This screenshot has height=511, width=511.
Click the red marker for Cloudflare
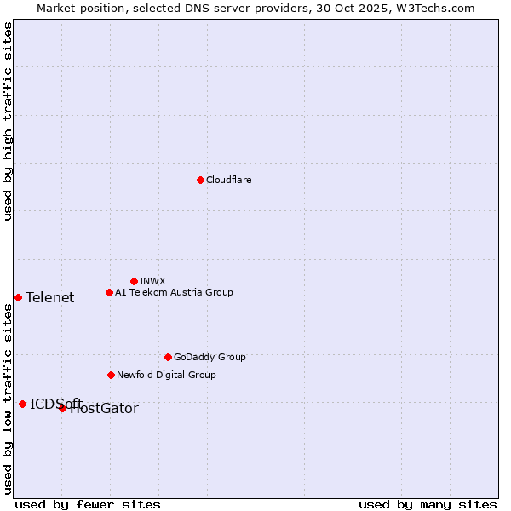[200, 180]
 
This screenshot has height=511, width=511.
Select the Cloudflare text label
[229, 180]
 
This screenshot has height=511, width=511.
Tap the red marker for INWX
[134, 281]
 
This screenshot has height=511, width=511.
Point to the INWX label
[152, 281]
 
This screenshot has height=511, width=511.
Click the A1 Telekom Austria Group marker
[109, 292]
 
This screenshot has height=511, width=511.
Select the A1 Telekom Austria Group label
[174, 292]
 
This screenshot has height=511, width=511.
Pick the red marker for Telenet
[18, 297]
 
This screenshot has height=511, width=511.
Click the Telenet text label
[49, 297]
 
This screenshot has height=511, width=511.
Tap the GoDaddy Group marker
[168, 357]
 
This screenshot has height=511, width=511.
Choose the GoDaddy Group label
[210, 357]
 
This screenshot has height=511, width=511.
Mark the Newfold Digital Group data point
[111, 375]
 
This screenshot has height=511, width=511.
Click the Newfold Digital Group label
[166, 375]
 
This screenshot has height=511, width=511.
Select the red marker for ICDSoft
[22, 404]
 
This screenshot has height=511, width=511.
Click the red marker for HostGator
[62, 408]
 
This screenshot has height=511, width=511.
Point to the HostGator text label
[104, 409]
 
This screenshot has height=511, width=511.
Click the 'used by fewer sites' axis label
[88, 504]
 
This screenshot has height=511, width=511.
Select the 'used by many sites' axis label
[428, 504]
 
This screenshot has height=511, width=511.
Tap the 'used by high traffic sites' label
[9, 121]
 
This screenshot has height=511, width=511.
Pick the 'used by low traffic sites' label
[9, 399]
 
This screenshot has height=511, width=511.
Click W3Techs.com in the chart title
[433, 8]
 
